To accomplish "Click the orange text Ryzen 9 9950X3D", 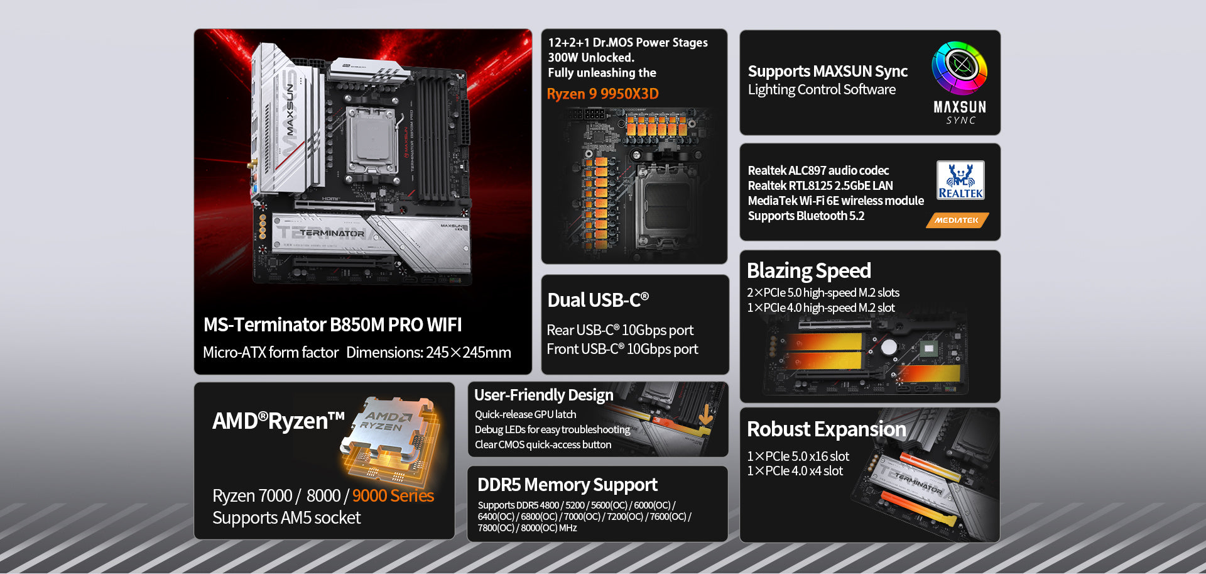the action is pyautogui.click(x=602, y=94).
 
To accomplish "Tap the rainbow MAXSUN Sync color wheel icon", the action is pyautogui.click(x=959, y=68).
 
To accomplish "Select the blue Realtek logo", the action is pyautogui.click(x=960, y=180).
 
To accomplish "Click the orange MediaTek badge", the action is pyautogui.click(x=957, y=220).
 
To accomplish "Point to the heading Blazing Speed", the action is pyautogui.click(x=809, y=270).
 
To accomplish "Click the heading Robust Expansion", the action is pyautogui.click(x=827, y=429).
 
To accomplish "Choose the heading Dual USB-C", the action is pyautogui.click(x=598, y=300).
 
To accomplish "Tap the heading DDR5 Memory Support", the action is pyautogui.click(x=567, y=485).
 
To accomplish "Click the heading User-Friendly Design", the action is pyautogui.click(x=544, y=395).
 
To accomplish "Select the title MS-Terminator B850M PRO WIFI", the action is pyautogui.click(x=332, y=324).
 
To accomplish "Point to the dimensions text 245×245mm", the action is pyautogui.click(x=469, y=352).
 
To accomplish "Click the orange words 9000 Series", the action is pyautogui.click(x=393, y=495).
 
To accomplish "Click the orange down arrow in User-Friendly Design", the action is pyautogui.click(x=705, y=415).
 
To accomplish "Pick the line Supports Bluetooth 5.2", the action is pyautogui.click(x=806, y=216).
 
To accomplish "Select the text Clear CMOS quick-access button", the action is pyautogui.click(x=543, y=444).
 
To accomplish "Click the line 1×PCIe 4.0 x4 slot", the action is pyautogui.click(x=795, y=471).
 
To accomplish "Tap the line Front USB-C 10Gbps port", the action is pyautogui.click(x=622, y=349).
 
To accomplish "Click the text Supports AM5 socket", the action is pyautogui.click(x=286, y=517).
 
